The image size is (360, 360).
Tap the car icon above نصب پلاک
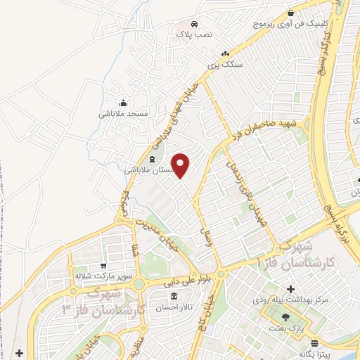(x=196, y=21)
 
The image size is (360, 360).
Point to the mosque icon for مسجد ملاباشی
(x=123, y=103)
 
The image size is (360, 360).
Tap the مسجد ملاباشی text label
(x=123, y=113)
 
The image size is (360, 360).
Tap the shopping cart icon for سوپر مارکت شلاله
(x=103, y=266)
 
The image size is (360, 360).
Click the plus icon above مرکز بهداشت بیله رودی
(x=290, y=288)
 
